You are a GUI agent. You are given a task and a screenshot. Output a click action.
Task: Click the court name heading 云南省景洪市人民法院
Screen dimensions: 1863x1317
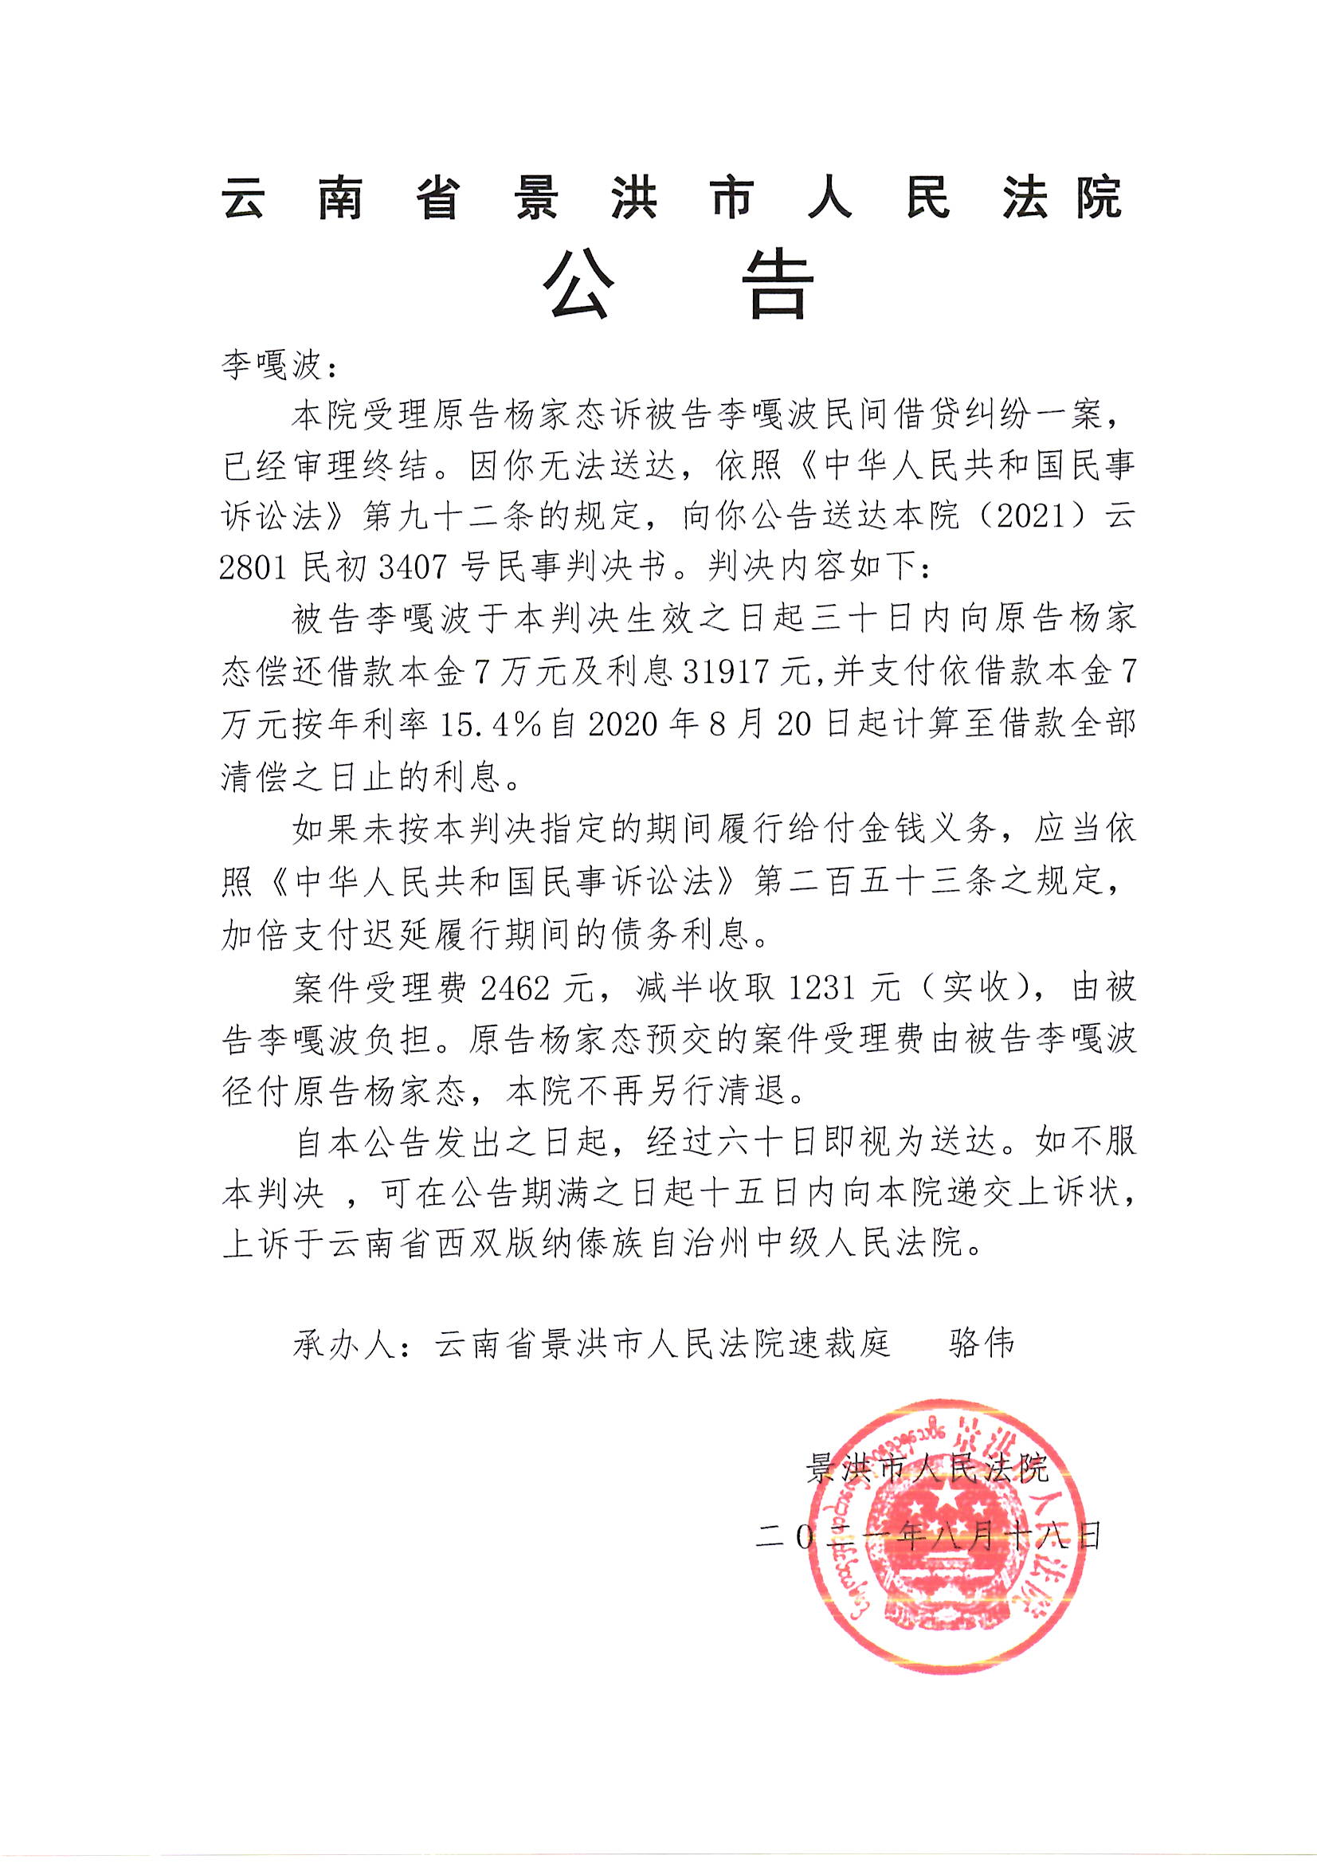click(x=672, y=198)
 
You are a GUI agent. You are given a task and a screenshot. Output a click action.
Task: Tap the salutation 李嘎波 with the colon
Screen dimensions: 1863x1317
click(x=279, y=366)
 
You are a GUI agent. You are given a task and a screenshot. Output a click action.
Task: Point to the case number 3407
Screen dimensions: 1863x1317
click(x=413, y=568)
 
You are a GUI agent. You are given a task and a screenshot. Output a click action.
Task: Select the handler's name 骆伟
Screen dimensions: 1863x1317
click(x=981, y=1343)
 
